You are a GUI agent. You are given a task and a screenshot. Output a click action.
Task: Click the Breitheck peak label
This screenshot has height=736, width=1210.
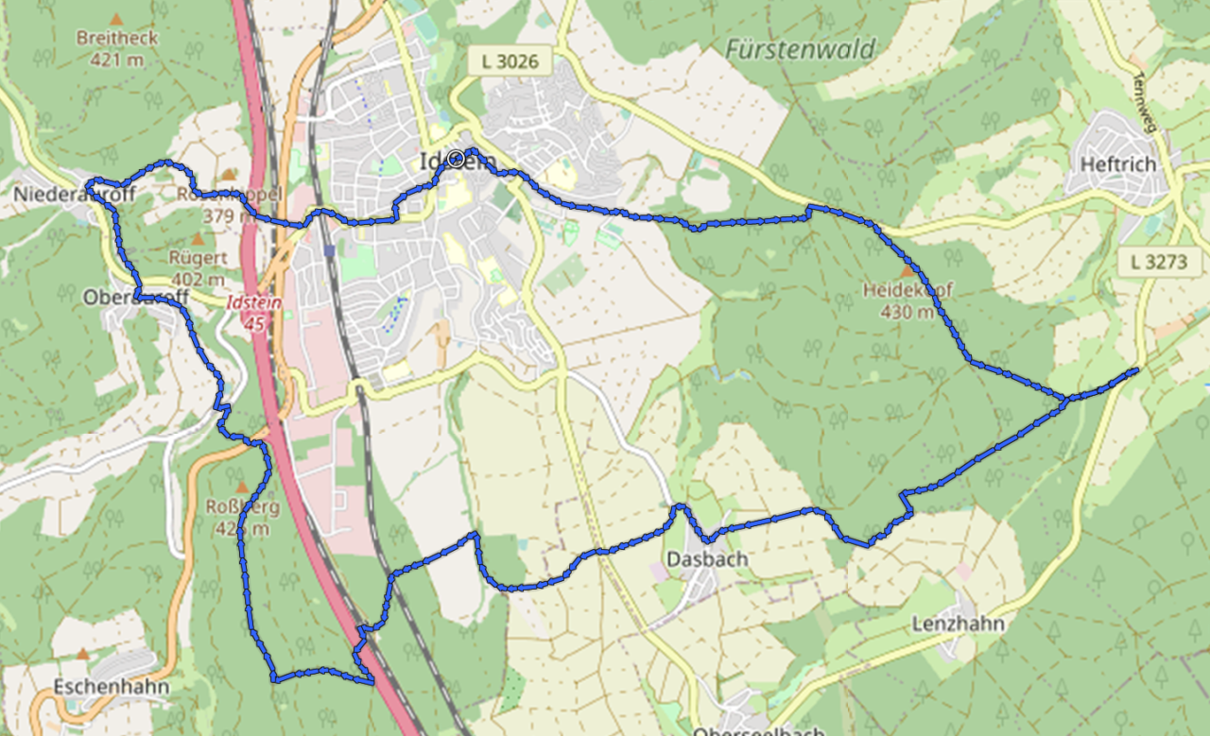117,40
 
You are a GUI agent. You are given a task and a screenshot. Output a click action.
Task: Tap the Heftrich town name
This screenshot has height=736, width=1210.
1117,164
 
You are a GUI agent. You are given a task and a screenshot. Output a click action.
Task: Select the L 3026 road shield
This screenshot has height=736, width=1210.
510,62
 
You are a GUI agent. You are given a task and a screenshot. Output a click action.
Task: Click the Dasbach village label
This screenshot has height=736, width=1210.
707,558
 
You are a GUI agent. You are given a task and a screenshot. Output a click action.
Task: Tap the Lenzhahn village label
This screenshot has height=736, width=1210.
958,624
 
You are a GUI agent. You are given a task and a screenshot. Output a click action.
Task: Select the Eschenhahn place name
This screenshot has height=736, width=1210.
112,686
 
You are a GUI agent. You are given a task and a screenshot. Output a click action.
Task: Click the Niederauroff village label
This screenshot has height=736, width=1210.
75,195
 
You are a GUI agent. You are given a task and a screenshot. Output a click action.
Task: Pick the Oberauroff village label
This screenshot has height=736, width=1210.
136,298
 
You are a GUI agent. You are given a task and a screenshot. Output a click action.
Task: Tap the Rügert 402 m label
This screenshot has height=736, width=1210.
197,266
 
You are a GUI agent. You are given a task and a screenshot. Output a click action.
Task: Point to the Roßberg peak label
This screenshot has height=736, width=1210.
242,517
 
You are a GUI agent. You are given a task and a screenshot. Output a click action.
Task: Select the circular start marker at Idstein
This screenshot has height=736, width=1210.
457,159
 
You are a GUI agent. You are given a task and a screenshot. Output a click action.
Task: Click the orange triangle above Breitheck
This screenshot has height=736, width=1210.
116,19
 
